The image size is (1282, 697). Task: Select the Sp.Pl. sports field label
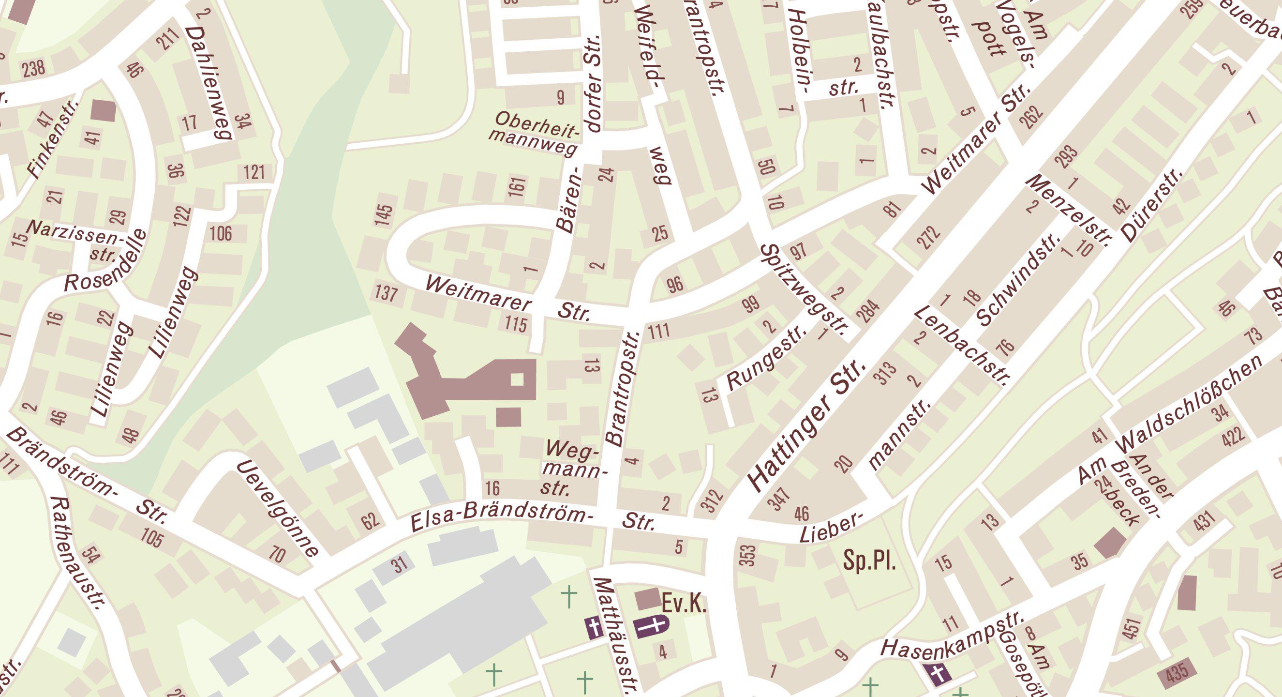pos(869,561)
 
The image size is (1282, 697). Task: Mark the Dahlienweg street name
pos(209,83)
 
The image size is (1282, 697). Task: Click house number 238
pos(34,68)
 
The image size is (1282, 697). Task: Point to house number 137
pos(386,294)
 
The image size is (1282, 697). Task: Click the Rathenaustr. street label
pos(79,553)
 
